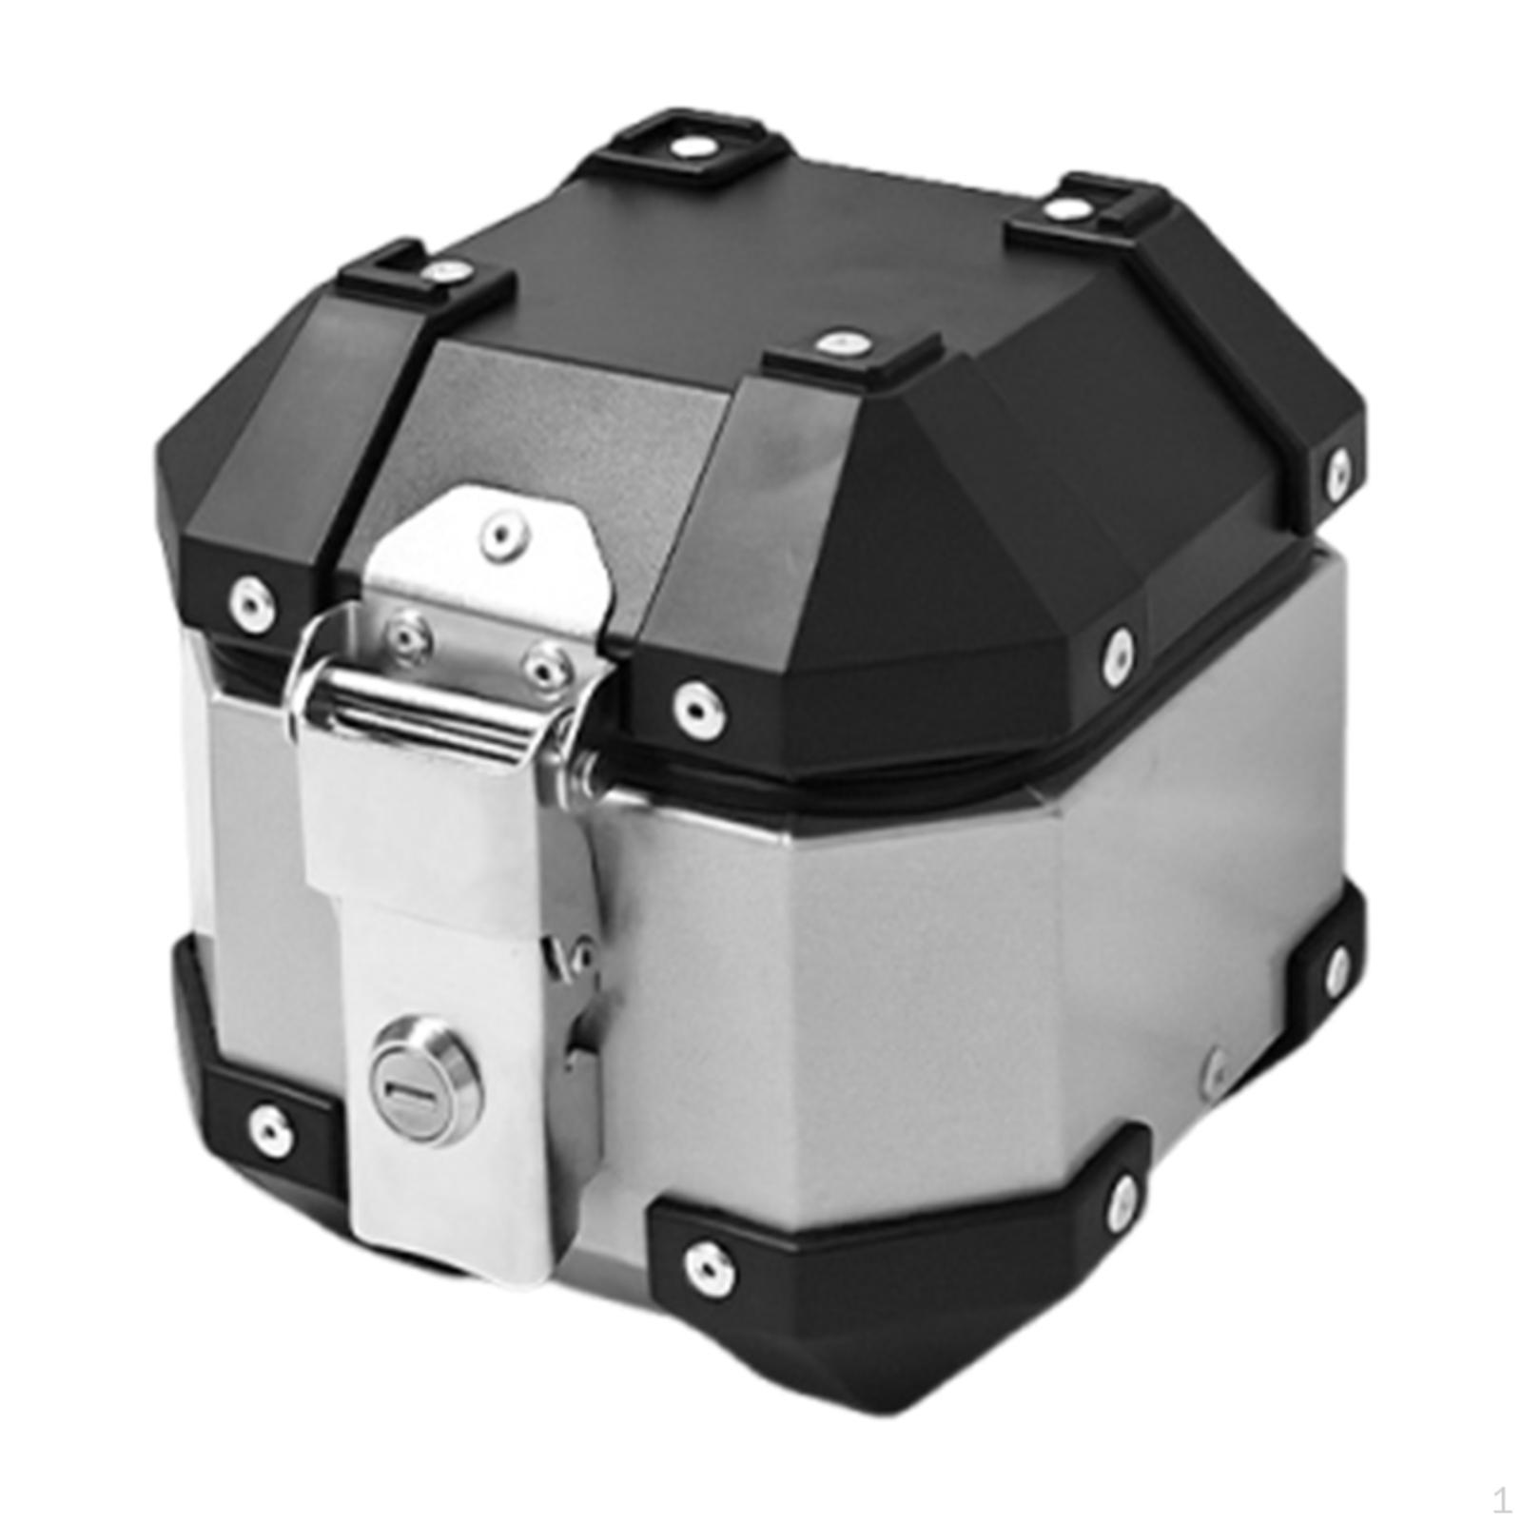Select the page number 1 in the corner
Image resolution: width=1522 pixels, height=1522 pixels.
click(1501, 1501)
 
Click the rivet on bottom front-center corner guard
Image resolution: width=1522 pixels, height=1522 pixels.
click(707, 1262)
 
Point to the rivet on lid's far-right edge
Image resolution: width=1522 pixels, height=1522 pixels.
click(1339, 468)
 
